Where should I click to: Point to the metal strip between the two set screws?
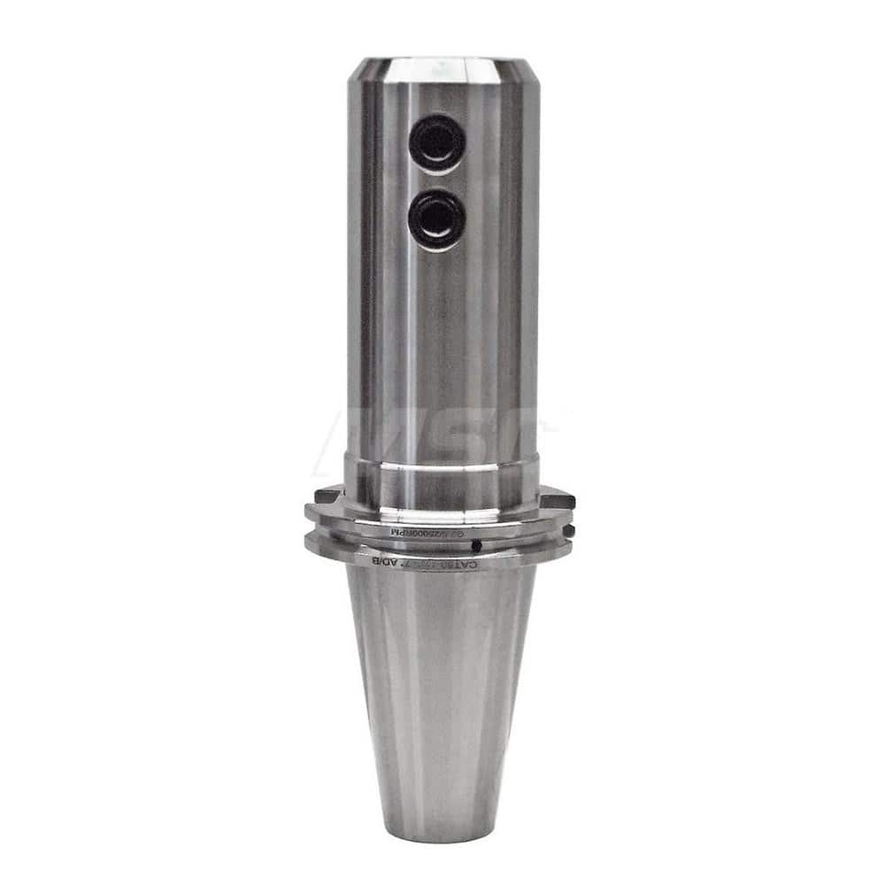click(436, 181)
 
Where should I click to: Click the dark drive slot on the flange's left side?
click(328, 495)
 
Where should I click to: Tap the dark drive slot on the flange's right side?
click(558, 500)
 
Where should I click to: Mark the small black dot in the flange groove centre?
click(476, 545)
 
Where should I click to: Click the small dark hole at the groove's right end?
click(567, 530)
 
